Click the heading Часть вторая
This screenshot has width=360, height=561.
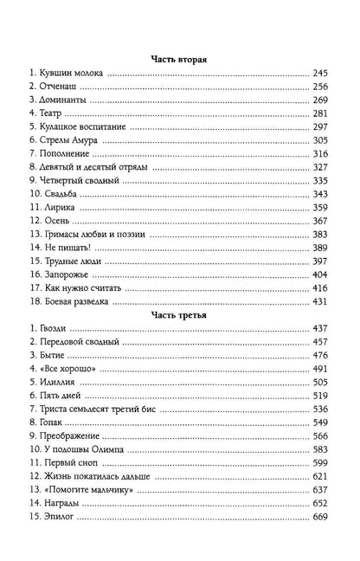179,58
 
